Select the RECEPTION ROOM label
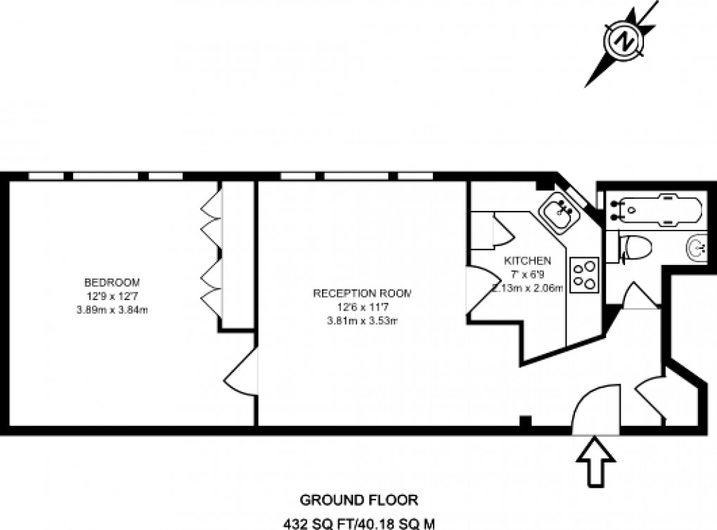click(x=361, y=293)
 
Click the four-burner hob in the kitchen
click(x=584, y=275)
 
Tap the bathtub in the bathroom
click(x=660, y=209)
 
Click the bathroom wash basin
click(x=698, y=247)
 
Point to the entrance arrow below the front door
click(x=595, y=460)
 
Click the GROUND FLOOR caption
click(x=359, y=500)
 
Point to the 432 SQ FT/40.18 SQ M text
click(x=359, y=523)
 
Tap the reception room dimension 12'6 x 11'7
click(x=361, y=308)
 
